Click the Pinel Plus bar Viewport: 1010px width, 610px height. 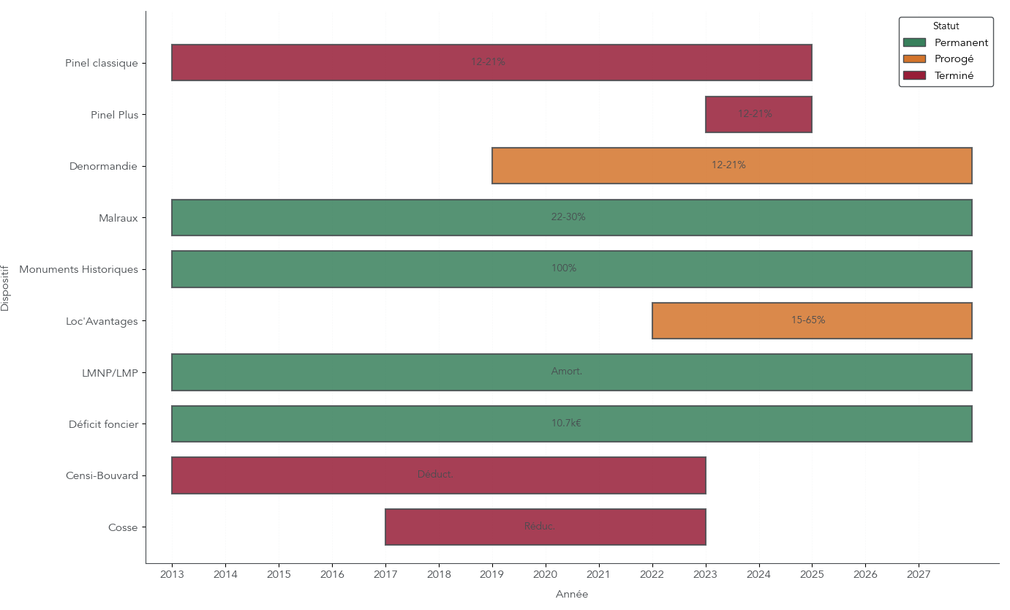pyautogui.click(x=758, y=115)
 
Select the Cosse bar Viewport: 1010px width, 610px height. pyautogui.click(x=545, y=527)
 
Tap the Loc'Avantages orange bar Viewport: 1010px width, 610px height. pyautogui.click(x=812, y=321)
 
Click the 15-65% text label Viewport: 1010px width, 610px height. pyautogui.click(x=808, y=320)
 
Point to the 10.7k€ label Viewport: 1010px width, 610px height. pyautogui.click(x=566, y=423)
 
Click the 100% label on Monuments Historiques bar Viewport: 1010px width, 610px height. pyautogui.click(x=564, y=268)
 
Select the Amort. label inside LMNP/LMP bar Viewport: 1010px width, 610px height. pyautogui.click(x=567, y=372)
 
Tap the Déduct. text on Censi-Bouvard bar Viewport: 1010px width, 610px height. pyautogui.click(x=435, y=475)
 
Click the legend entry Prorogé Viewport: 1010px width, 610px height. pyautogui.click(x=954, y=59)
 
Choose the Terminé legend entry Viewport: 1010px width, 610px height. pyautogui.click(x=954, y=75)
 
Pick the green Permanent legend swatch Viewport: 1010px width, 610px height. pyautogui.click(x=914, y=43)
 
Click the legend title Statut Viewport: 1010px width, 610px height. pyautogui.click(x=946, y=26)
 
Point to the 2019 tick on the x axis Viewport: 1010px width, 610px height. pyautogui.click(x=492, y=575)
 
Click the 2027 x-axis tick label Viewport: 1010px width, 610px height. pyautogui.click(x=919, y=575)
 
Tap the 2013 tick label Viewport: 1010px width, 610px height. pyautogui.click(x=172, y=575)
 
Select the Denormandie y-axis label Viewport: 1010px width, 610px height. pyautogui.click(x=103, y=167)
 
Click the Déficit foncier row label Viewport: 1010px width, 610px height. pyautogui.click(x=103, y=424)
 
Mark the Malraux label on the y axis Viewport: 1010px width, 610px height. pyautogui.click(x=118, y=218)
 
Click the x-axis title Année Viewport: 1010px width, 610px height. pyautogui.click(x=572, y=595)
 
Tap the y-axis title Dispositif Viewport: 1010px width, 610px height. pyautogui.click(x=6, y=288)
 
